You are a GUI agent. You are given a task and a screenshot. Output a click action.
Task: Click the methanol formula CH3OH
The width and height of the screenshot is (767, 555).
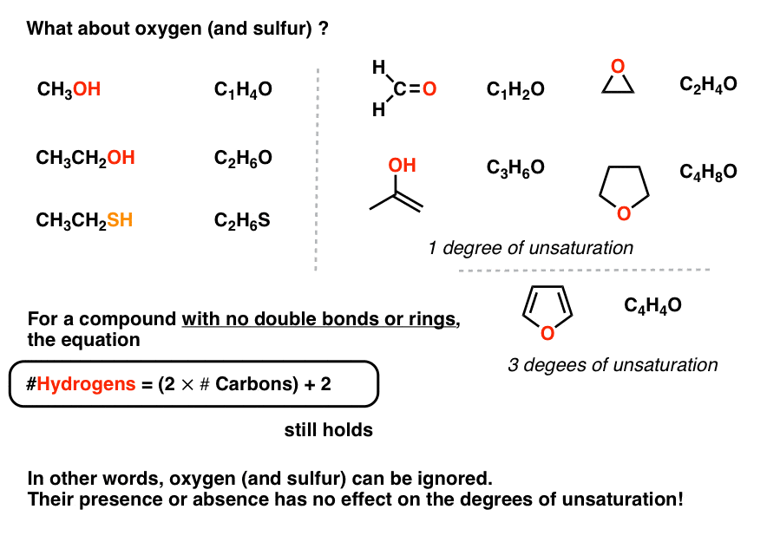point(69,89)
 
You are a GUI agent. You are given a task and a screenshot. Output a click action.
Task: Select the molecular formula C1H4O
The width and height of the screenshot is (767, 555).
point(243,89)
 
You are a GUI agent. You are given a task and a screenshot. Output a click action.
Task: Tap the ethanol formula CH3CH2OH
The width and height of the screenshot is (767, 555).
point(86,158)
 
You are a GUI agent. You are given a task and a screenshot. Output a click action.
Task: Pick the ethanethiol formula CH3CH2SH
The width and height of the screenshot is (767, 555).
point(85,220)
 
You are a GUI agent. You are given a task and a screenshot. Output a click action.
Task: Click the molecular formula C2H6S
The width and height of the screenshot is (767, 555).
point(242,220)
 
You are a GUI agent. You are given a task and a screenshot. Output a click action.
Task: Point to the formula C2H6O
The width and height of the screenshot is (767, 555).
point(243,158)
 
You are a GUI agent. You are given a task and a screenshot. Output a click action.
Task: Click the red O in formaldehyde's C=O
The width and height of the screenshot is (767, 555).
point(429,88)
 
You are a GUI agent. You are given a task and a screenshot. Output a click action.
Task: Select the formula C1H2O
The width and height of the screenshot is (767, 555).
point(515,89)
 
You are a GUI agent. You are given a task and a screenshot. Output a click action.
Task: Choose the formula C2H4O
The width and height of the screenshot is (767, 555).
point(708,84)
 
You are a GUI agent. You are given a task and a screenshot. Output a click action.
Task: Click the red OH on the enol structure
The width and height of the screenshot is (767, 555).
point(402,166)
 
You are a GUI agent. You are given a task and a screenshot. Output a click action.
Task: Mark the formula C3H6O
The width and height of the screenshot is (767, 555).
point(515,167)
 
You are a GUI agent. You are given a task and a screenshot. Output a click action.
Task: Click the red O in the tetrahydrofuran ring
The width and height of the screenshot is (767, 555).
point(624,213)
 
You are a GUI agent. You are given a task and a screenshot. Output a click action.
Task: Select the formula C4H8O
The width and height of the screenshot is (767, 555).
point(708,172)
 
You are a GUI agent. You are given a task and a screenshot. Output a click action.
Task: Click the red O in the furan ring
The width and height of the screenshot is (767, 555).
point(547,334)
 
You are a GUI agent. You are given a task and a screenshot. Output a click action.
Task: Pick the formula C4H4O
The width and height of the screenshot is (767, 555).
point(653,305)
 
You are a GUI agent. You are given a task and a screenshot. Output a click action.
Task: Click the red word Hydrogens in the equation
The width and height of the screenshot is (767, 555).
point(86,384)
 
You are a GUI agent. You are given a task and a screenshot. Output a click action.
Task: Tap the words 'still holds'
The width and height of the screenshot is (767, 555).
point(329,430)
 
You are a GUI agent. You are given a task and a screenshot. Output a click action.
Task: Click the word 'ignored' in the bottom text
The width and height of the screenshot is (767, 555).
point(456,479)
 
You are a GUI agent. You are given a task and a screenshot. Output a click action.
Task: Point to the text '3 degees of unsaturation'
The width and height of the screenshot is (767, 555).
point(613,365)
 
